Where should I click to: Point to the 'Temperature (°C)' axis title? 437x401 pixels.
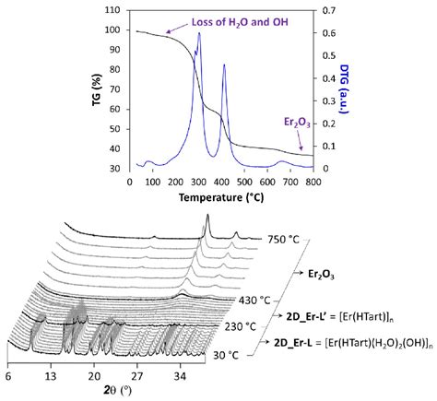pos(219,196)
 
